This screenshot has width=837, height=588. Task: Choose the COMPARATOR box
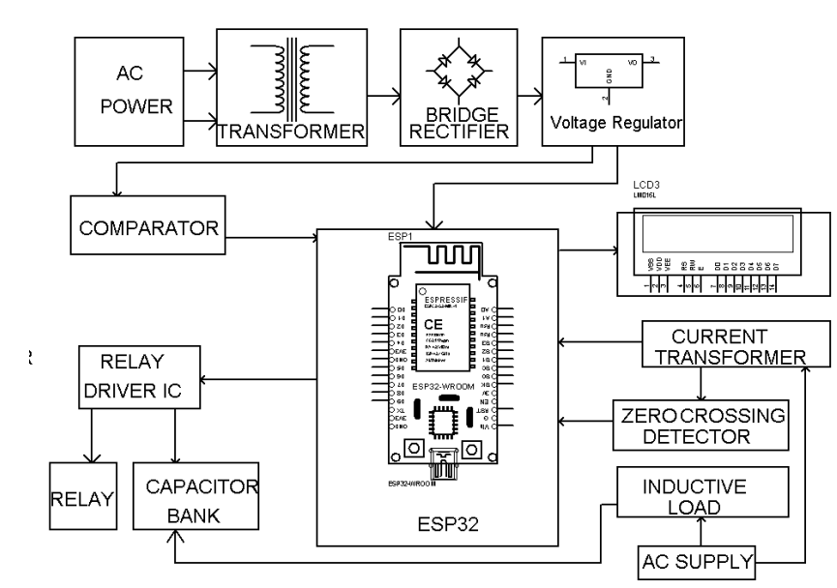pyautogui.click(x=145, y=228)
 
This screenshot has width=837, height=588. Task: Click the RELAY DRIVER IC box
pyautogui.click(x=141, y=380)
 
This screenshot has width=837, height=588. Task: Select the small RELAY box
pyautogui.click(x=81, y=499)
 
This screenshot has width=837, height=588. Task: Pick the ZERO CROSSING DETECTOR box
pyautogui.click(x=701, y=426)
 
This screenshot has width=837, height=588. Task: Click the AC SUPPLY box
pyautogui.click(x=695, y=558)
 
